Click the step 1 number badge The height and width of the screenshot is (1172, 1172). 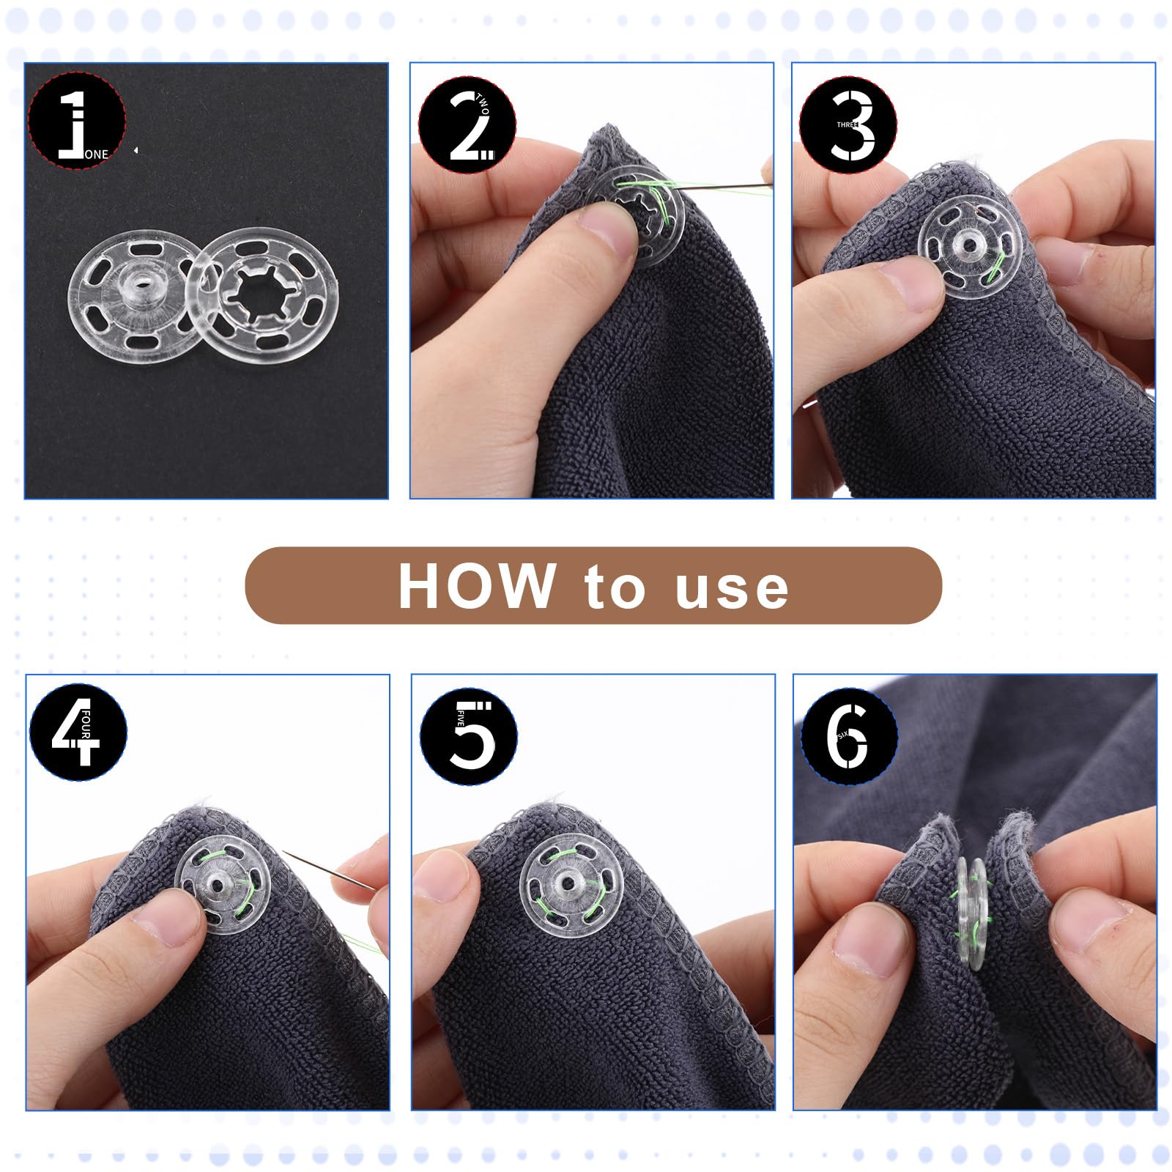pos(77,121)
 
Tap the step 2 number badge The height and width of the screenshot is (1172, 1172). pos(467,125)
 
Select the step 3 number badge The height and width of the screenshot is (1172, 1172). pos(848,125)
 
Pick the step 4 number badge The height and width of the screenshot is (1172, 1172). pos(78,732)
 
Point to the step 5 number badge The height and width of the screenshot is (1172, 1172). pos(469,736)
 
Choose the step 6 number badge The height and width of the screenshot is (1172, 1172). pos(850,736)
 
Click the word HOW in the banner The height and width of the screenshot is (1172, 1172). pos(476,586)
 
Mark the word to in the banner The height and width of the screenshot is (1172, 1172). pos(615,587)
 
